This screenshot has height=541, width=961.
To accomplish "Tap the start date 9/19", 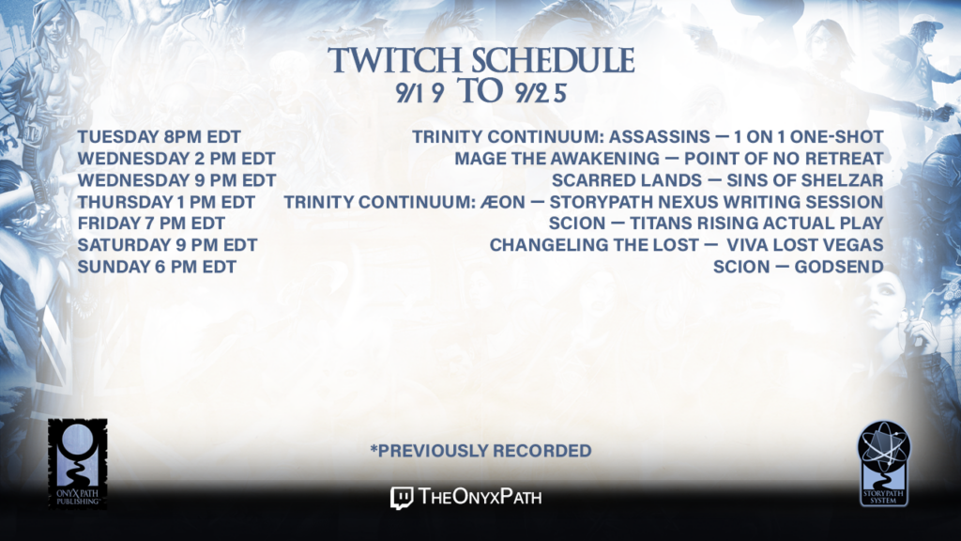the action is click(x=419, y=93).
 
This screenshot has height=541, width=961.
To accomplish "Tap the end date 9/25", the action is click(x=541, y=93).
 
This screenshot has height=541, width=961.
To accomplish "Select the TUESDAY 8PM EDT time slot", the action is click(x=160, y=137).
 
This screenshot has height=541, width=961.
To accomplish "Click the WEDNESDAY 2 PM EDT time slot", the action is click(x=176, y=158).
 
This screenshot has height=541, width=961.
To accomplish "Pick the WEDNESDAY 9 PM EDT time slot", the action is click(x=177, y=180).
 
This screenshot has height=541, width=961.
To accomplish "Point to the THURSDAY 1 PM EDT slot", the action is click(x=166, y=202).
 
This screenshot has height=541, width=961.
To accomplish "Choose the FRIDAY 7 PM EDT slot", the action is click(x=151, y=224).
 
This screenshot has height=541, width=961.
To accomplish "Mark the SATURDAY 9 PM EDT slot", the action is click(x=167, y=245).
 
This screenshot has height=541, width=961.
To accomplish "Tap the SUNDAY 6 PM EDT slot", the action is click(x=157, y=267).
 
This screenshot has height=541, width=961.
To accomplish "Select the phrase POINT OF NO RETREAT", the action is click(x=784, y=158).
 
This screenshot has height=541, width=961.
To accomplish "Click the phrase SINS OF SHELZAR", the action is click(x=804, y=180).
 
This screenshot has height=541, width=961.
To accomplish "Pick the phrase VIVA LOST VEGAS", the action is click(x=804, y=245).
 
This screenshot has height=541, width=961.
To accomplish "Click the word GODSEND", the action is click(x=839, y=267).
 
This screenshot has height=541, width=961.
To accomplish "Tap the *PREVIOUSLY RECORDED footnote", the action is click(x=480, y=451).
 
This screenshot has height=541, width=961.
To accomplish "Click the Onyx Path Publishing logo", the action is click(x=78, y=464).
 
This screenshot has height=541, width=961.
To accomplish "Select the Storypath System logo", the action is click(x=884, y=464).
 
